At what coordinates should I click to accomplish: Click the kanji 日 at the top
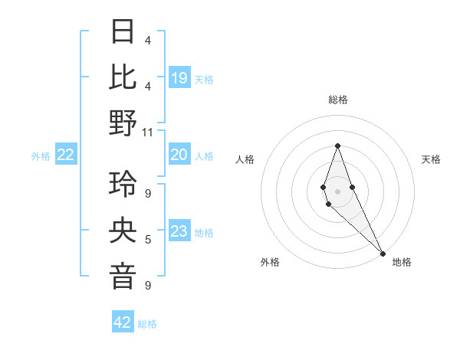123,32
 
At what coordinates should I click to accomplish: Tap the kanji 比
123,77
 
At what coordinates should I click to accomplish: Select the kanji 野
123,123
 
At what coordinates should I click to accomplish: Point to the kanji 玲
123,185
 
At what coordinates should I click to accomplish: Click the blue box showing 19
179,77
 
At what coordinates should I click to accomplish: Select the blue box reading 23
179,231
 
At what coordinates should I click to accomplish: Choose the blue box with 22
66,155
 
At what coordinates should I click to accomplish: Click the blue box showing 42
123,322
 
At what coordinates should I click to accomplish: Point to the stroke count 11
148,132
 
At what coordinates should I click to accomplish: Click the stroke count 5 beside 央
148,240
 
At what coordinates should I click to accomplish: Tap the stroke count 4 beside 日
148,40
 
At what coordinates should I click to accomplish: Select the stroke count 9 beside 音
148,285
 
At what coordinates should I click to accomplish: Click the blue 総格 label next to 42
147,324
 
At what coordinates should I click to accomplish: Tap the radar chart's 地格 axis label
402,262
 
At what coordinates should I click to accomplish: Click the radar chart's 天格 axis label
432,159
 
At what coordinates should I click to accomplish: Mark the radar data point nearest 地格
383,253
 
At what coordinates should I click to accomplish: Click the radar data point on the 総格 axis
337,146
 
